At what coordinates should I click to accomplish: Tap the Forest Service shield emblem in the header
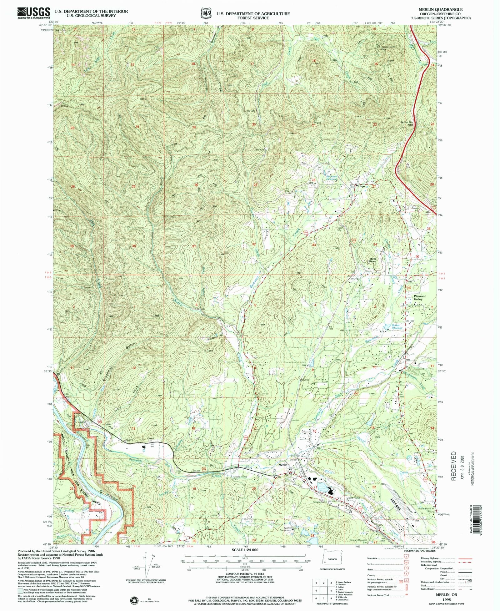click(205, 14)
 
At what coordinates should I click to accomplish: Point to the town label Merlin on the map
click(283, 465)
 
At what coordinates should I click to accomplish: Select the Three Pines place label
click(372, 260)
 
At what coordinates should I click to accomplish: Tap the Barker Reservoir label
click(396, 327)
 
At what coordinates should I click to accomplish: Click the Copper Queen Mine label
click(387, 48)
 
